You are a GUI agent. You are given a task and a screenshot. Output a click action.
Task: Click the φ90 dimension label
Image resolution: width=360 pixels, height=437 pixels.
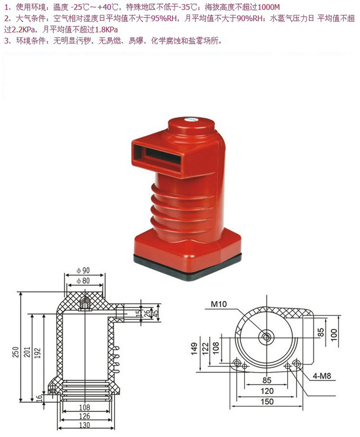(x=83, y=270)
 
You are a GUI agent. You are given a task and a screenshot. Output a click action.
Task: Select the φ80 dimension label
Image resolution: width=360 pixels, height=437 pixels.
(x=83, y=280)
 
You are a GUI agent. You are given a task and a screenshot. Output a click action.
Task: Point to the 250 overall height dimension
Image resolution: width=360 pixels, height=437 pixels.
(x=16, y=352)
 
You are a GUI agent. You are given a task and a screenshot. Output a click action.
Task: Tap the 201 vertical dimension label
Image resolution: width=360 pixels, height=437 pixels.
(x=26, y=352)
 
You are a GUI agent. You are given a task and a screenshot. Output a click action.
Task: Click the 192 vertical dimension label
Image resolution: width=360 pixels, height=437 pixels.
(x=37, y=353)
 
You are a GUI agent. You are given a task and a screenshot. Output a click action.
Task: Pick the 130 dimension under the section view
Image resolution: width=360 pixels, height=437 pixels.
(x=84, y=425)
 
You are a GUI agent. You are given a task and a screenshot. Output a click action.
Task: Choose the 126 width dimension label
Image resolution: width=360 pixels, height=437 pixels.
(x=84, y=416)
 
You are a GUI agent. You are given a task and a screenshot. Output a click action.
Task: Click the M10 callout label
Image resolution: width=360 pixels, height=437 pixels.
(x=218, y=304)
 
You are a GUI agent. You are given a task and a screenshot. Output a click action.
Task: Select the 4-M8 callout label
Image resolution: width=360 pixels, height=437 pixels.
(x=321, y=376)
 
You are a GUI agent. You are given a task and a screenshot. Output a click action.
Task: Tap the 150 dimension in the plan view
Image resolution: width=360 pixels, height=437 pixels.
(x=267, y=401)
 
